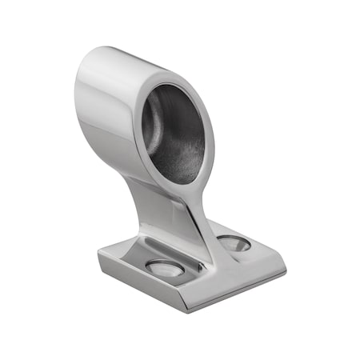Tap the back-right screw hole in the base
tap(233, 242)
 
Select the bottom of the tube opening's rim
tap(183, 182)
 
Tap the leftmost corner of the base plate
tap(99, 258)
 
